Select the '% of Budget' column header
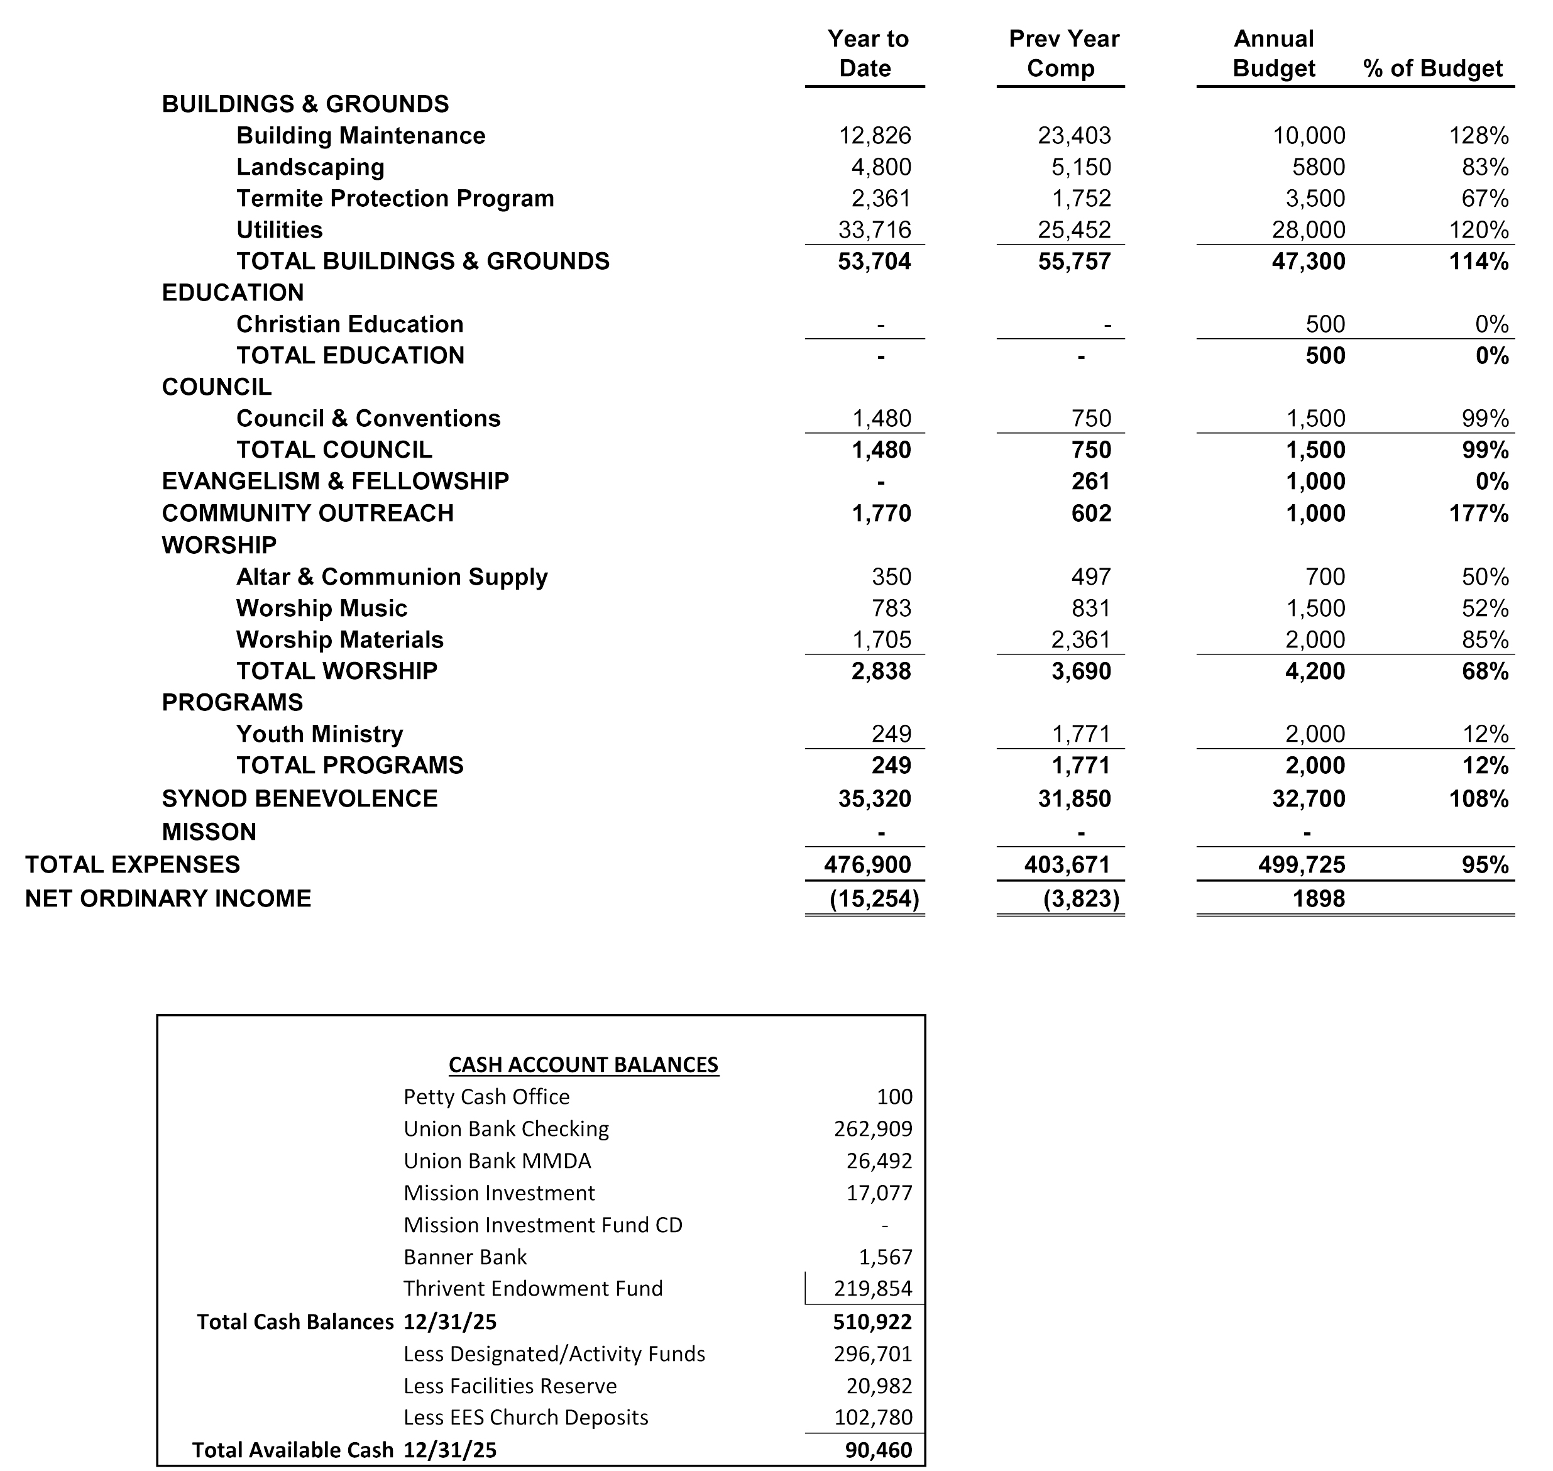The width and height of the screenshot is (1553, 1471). point(1432,69)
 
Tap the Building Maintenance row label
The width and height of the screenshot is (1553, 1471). point(361,136)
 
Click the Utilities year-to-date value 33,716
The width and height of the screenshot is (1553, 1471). point(875,229)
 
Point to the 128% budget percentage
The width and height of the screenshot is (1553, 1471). point(1479,136)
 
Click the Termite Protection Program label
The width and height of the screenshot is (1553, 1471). point(395,199)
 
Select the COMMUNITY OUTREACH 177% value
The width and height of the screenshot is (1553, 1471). point(1479,514)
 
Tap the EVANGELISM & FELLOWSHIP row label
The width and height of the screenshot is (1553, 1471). point(335,481)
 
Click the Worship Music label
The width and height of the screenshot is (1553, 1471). point(321,609)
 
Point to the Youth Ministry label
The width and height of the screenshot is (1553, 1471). point(319,734)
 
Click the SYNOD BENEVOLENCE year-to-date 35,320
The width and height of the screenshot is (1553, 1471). point(874,799)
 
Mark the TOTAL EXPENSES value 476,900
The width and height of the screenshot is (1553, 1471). point(867,865)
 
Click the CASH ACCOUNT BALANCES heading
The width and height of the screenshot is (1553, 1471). point(583,1064)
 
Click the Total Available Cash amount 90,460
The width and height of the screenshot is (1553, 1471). point(878,1450)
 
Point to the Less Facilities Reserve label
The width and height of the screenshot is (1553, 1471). point(510,1386)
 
